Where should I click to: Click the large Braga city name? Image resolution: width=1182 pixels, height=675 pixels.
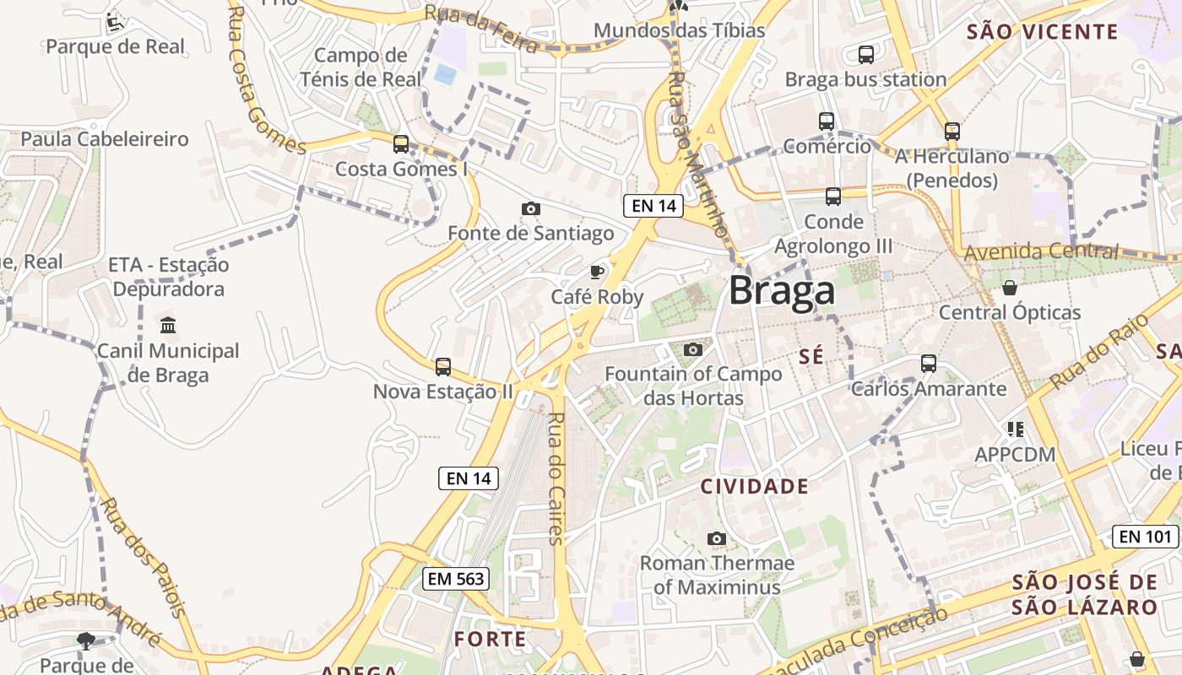coord(782,291)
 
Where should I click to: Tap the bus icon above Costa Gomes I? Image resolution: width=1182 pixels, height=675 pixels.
coord(401,144)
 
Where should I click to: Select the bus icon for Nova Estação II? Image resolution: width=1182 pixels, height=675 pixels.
coord(443,367)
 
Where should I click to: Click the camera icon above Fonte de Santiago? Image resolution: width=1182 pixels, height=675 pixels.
coord(530,208)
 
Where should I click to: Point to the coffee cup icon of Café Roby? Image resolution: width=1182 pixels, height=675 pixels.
coord(597,272)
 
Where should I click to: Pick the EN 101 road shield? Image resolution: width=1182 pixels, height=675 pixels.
coord(1145,536)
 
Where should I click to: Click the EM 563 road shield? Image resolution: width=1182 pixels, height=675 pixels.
coord(456,578)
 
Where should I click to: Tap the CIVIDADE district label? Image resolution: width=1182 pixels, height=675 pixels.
coord(755,486)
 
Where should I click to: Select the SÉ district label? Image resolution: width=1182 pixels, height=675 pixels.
coord(811,357)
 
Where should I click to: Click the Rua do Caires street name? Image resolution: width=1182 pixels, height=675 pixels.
coord(556,478)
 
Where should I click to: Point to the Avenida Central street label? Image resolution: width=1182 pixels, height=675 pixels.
coord(1040,251)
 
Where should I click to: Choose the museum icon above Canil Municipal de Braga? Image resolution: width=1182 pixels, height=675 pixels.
coord(168,325)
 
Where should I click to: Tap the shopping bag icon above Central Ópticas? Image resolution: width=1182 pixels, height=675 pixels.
coord(1009,288)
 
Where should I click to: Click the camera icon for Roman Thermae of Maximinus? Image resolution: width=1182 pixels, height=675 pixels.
coord(717,538)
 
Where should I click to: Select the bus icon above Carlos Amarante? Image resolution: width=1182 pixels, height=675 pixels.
coord(929,364)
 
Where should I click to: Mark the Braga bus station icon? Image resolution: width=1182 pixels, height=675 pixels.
coord(866,55)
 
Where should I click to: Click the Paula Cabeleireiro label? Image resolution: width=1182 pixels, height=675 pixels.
coord(105,139)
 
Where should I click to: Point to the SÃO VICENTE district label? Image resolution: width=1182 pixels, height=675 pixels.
coord(1042,32)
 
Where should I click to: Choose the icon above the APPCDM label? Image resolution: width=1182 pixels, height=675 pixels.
coord(1015,429)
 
